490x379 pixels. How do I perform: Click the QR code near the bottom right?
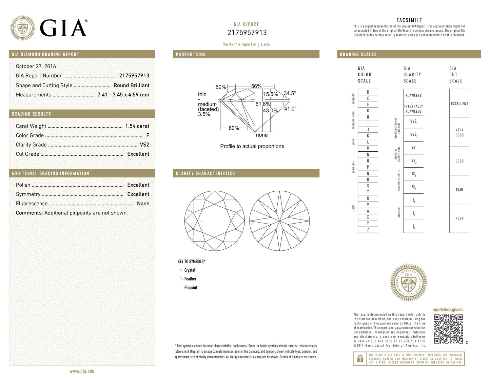(x=448, y=329)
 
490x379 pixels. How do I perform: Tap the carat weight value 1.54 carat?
(x=137, y=126)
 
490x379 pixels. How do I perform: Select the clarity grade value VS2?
(x=144, y=145)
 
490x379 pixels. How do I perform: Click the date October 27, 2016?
(x=36, y=67)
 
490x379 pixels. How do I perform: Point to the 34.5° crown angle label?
(x=290, y=93)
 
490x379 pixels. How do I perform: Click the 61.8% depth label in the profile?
(x=263, y=104)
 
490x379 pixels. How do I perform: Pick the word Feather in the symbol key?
(x=190, y=279)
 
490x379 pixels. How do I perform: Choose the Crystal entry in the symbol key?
(x=190, y=270)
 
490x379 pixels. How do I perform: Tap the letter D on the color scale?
(x=368, y=92)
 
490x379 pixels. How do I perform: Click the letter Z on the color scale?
(x=368, y=230)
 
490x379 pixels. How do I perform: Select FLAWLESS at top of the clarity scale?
(x=413, y=96)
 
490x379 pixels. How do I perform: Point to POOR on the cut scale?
(x=459, y=219)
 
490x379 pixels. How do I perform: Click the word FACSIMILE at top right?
(x=409, y=20)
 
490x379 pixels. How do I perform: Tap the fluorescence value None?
(x=143, y=204)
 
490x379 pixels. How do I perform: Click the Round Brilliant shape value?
(x=131, y=86)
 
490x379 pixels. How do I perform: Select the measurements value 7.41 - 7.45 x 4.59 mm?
(x=123, y=95)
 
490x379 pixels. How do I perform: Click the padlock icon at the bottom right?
(x=359, y=359)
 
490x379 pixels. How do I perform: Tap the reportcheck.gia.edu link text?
(x=448, y=309)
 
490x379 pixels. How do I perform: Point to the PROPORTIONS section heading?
(x=191, y=54)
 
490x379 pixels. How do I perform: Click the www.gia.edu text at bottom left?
(x=82, y=372)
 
